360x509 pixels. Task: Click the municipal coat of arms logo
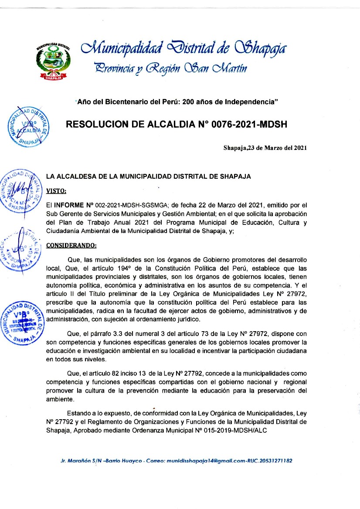54,61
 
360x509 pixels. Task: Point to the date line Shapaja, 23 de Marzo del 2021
265,147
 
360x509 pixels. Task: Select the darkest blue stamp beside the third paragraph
24,320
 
